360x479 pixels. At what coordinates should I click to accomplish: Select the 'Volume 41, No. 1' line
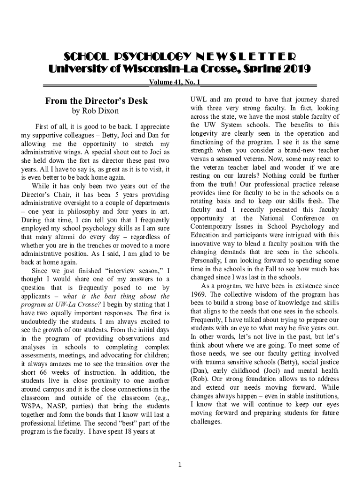pos(174,82)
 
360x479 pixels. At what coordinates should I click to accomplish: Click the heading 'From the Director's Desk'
pos(96,101)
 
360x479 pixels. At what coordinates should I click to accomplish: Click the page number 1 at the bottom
pos(180,464)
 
